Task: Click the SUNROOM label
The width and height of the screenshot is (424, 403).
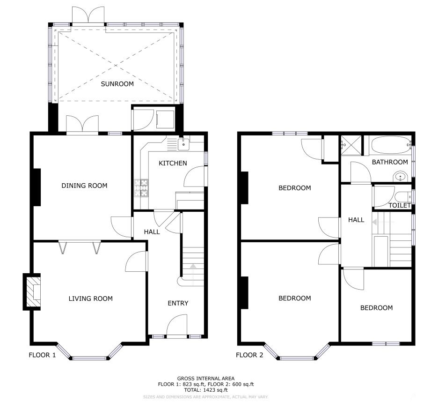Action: click(117, 84)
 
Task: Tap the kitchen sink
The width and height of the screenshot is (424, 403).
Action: click(183, 144)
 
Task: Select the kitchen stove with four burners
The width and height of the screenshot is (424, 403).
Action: click(141, 188)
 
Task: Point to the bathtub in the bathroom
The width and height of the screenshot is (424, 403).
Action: click(391, 145)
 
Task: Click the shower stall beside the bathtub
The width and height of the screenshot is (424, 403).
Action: click(351, 145)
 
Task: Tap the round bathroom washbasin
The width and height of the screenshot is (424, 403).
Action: click(400, 177)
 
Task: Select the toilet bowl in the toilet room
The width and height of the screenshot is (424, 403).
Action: click(402, 197)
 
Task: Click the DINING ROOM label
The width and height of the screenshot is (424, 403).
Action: click(84, 186)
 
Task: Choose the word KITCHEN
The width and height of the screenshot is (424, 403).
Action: click(173, 163)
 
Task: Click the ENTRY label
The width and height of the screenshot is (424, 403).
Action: click(178, 303)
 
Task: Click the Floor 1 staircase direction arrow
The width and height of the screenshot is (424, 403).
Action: click(193, 266)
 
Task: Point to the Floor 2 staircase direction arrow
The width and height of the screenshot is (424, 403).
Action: click(374, 222)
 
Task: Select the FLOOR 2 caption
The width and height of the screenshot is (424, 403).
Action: click(249, 355)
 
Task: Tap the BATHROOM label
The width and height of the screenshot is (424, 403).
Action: click(390, 162)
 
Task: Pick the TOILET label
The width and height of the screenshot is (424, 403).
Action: click(400, 205)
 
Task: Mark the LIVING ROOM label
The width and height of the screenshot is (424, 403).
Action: click(91, 299)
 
